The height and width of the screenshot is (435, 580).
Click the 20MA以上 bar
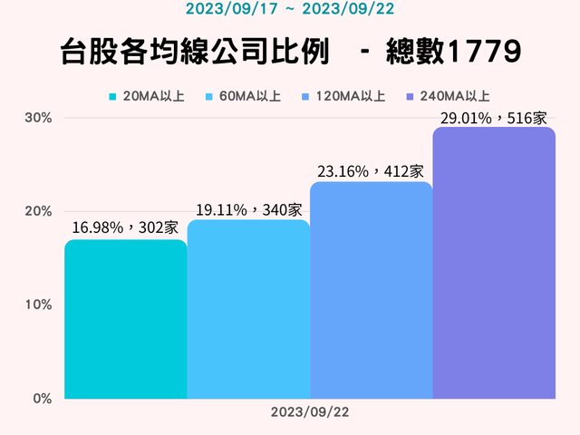(x=125, y=319)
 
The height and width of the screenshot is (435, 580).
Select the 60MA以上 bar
(x=248, y=309)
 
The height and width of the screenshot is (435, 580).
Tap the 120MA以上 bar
(x=371, y=290)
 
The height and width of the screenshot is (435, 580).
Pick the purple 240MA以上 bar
(x=494, y=263)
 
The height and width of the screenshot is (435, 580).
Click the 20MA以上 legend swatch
(x=113, y=95)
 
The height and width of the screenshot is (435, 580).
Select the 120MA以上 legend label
(x=352, y=95)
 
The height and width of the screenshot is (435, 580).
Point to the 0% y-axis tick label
(x=42, y=398)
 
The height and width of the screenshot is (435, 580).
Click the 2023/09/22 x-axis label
(x=310, y=411)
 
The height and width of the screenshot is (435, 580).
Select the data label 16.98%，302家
(x=125, y=227)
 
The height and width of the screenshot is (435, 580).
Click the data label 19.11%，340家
(x=248, y=209)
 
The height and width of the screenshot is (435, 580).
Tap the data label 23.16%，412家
(x=371, y=170)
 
